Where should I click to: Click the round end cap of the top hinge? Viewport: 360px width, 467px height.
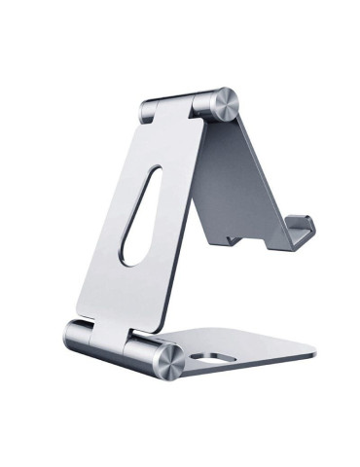pyautogui.click(x=223, y=104)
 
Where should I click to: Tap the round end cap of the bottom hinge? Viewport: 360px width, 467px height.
pyautogui.click(x=166, y=360)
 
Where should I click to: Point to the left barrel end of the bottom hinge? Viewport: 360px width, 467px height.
pyautogui.click(x=76, y=335)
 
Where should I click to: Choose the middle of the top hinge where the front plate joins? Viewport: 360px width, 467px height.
pyautogui.click(x=181, y=104)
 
